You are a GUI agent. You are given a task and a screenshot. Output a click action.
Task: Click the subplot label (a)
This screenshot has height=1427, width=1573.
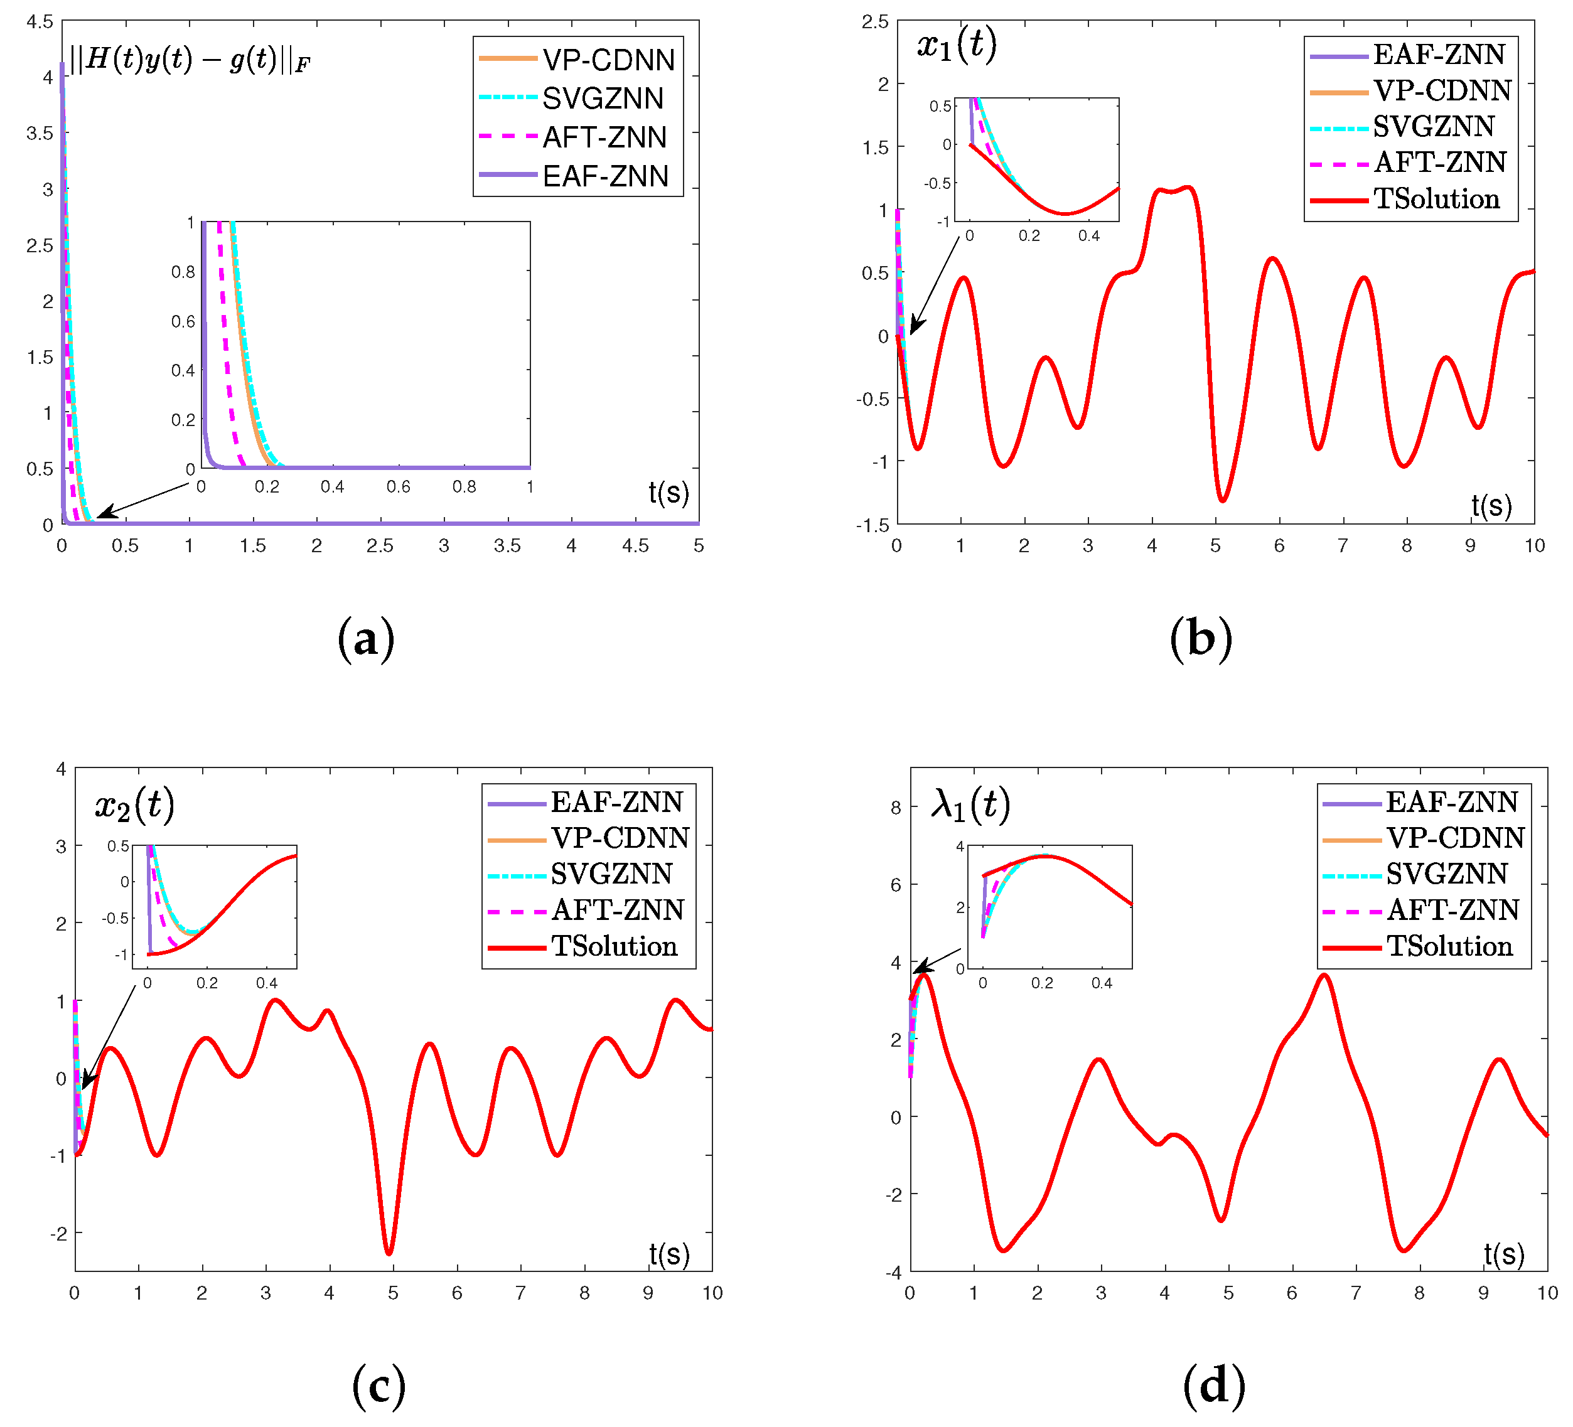tap(366, 639)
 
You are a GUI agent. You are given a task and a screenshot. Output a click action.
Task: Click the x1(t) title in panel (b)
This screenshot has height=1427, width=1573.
tap(957, 45)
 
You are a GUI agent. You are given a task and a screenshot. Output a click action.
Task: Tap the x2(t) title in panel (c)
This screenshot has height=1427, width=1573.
tap(134, 804)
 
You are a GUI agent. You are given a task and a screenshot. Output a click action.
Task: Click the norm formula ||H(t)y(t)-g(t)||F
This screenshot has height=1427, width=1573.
tap(190, 59)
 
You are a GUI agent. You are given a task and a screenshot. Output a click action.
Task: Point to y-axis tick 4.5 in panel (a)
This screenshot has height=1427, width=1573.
tap(40, 22)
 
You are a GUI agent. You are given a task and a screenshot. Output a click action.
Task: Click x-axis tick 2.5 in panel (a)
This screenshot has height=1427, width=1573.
tap(380, 546)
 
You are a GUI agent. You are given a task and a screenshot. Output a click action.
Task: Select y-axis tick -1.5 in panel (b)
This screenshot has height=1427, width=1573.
tap(872, 525)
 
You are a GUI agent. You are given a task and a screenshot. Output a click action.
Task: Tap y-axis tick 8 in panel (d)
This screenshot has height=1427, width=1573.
tap(896, 808)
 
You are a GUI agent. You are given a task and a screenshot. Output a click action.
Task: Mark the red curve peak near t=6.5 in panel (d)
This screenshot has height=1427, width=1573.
tap(1324, 975)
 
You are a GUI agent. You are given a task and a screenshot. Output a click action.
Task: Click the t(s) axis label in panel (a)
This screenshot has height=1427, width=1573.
tap(668, 493)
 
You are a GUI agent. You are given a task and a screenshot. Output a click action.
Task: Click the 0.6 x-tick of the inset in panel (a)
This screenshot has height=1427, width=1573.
tap(398, 487)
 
